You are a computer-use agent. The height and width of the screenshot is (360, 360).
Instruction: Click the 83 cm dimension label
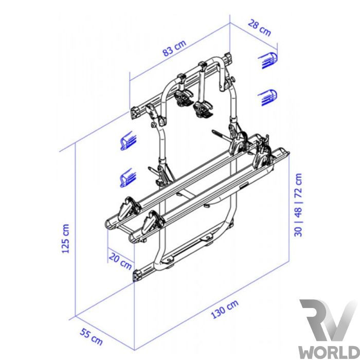[x=174, y=48]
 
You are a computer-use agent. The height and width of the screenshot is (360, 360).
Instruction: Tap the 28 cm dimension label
[x=260, y=28]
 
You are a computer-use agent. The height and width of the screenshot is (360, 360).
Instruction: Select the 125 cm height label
[x=65, y=239]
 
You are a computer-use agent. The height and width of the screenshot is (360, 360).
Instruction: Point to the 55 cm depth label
[x=91, y=337]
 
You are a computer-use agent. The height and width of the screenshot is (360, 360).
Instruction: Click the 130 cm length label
[x=225, y=309]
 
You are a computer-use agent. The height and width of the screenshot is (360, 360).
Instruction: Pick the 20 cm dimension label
[x=120, y=261]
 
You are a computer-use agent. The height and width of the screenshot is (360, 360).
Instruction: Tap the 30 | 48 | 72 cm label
[x=298, y=205]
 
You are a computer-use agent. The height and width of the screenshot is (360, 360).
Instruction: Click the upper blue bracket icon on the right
[x=268, y=60]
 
